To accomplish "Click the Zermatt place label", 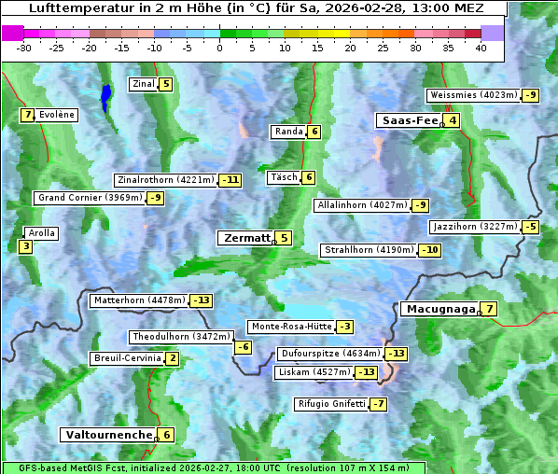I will [x=245, y=238].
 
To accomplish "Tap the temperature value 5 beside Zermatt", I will [x=284, y=238].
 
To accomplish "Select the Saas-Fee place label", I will [x=408, y=120].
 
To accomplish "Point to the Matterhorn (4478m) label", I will [x=139, y=300].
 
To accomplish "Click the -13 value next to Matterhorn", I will [x=201, y=300].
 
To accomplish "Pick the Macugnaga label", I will [x=439, y=309].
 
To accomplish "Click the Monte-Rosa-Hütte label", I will [x=290, y=327].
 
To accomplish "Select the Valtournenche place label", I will [x=107, y=435].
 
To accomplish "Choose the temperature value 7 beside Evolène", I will [x=28, y=115].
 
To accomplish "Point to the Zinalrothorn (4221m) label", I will [x=165, y=180].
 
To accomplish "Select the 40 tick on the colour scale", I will [x=481, y=48].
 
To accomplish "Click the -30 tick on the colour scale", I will [x=24, y=48].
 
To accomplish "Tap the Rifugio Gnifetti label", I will [x=331, y=404].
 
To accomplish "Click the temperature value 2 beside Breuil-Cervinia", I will [x=173, y=358].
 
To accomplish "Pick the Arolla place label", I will [x=41, y=233].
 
